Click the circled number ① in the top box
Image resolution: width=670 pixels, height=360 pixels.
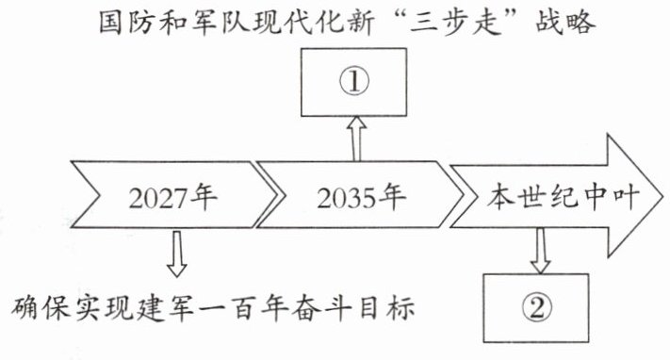354,82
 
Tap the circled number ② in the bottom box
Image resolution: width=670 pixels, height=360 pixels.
537,308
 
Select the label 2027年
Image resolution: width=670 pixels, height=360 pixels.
173,198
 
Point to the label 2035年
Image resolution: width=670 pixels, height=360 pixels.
361,198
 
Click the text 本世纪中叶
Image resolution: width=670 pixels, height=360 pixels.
564,197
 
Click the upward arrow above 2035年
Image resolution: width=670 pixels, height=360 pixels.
356,139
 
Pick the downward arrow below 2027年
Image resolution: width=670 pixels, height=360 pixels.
176,254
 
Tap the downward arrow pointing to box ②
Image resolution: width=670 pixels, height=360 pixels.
541,251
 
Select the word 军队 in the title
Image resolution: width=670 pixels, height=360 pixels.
219,23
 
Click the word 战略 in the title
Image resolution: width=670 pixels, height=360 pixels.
565,23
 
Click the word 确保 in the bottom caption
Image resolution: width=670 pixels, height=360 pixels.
41,307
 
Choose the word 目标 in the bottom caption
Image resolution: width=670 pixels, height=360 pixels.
386,307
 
